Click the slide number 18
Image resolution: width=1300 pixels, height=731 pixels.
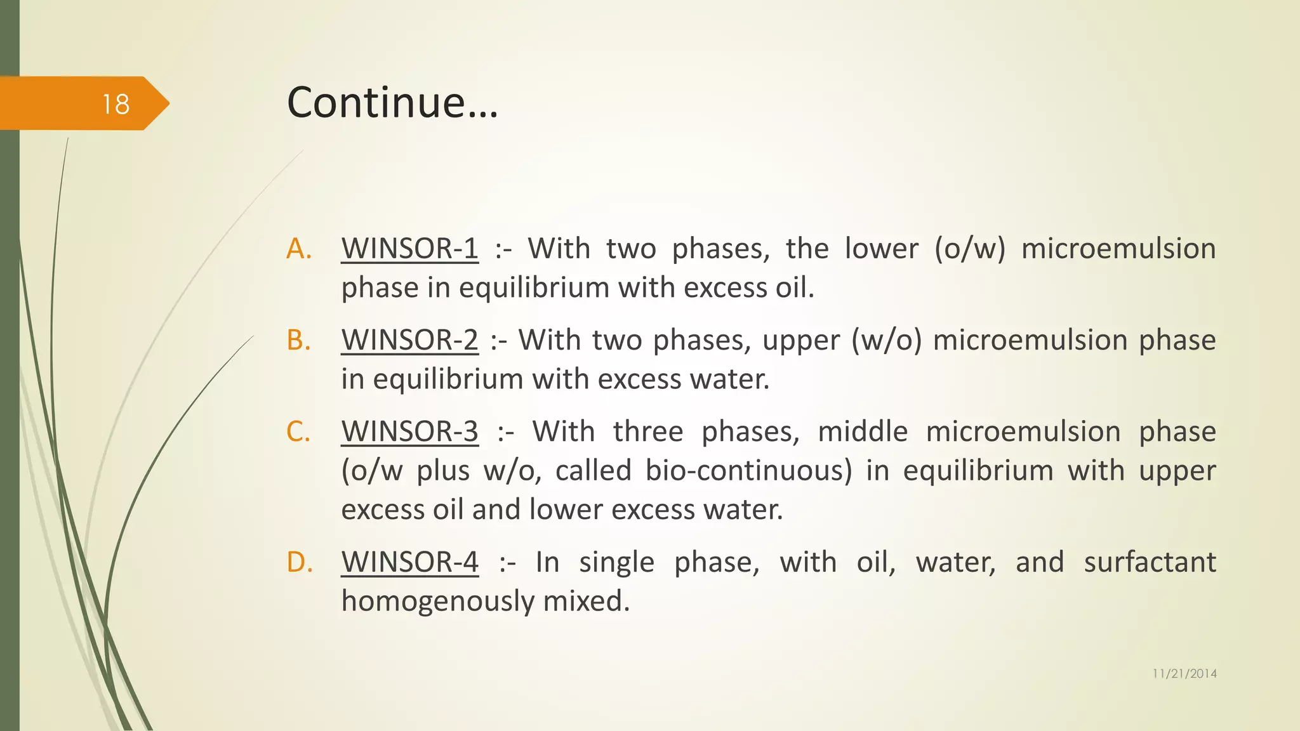coord(116,104)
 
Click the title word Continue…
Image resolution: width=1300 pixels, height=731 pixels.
coord(392,102)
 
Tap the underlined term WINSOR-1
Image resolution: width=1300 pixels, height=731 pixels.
coord(409,248)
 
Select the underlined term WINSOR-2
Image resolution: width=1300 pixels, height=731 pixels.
coord(409,339)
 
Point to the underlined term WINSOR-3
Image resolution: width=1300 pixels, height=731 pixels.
coord(409,431)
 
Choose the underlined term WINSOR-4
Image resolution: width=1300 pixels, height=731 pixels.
coord(409,562)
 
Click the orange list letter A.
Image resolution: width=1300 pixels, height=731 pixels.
coord(299,249)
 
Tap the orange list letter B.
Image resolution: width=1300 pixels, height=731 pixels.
coord(298,340)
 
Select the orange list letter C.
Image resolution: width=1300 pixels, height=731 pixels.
coord(298,431)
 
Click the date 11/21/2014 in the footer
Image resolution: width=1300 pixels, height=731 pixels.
coord(1184,674)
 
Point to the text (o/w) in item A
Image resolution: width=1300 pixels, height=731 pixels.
coord(969,249)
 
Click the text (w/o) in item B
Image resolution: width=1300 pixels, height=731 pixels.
coord(886,340)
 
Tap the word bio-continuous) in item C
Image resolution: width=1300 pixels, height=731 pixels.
coord(748,471)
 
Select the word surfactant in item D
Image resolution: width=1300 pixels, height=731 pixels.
coord(1150,562)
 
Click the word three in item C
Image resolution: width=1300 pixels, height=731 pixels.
coord(647,431)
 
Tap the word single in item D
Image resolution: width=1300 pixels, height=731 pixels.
coord(616,562)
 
